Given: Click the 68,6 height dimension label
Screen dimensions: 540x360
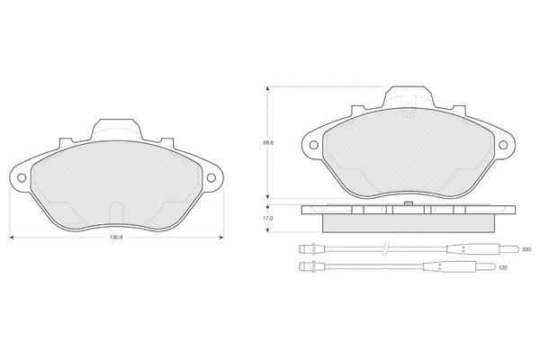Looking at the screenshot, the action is coord(268,142).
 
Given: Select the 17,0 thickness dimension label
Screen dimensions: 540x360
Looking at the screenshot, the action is coord(268,219).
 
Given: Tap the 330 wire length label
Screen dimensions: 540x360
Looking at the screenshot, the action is coord(526,249).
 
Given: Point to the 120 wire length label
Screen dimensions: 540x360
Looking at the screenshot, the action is coord(503,267).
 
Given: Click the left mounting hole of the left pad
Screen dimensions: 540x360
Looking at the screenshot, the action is coord(22,178).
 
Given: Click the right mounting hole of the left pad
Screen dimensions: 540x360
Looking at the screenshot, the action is coord(211,178).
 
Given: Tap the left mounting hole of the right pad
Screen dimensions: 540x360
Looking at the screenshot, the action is coord(313,145).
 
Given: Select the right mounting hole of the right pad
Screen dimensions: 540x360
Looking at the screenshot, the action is coord(503,145).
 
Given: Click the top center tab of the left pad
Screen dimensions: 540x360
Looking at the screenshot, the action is coord(116,130).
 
